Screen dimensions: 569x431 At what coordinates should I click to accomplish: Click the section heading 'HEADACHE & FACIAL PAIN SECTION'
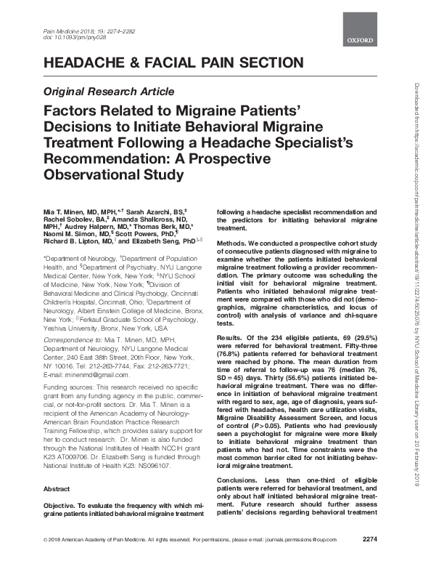[x=174, y=63]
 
